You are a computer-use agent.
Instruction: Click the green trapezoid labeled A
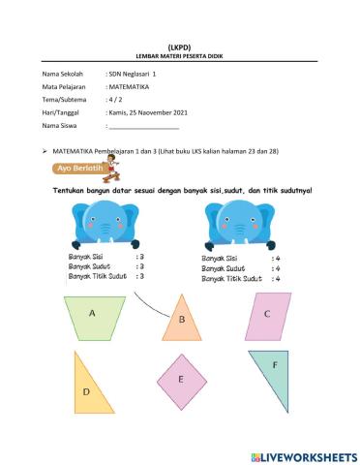[93, 314]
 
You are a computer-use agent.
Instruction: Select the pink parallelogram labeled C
[265, 313]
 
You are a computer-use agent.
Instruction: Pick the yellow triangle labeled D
[87, 386]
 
